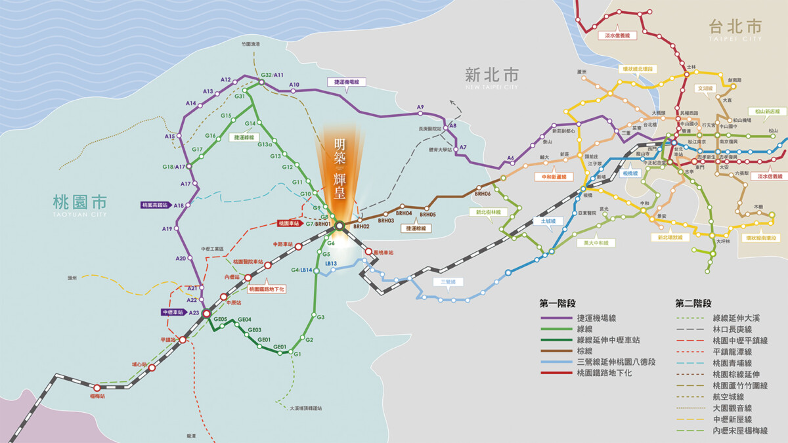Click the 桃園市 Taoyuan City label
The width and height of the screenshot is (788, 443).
tap(79, 203)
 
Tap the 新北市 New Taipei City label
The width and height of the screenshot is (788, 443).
tap(491, 75)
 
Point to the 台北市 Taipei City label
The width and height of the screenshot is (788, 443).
tap(735, 28)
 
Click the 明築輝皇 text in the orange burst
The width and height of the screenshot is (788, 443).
tap(339, 168)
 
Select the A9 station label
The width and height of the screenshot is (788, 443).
tap(420, 107)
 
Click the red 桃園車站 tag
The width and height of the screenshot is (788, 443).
tap(289, 224)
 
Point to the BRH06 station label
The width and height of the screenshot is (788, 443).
tap(483, 194)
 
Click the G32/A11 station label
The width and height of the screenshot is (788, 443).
tap(272, 75)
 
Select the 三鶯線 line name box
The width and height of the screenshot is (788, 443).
tap(449, 282)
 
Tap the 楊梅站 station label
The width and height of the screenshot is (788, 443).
tap(97, 396)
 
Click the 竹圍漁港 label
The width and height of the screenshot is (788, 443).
tap(251, 44)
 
